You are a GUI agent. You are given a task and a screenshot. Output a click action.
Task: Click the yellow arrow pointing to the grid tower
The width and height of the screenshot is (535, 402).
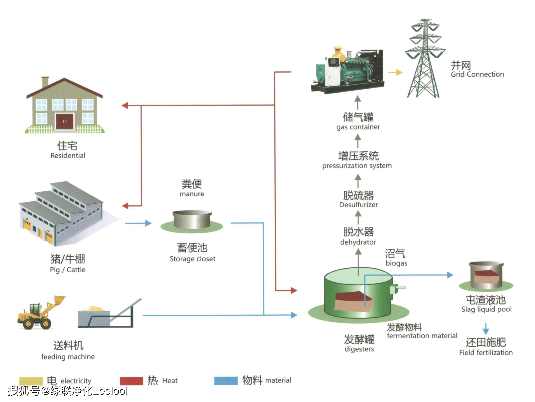tap(395, 72)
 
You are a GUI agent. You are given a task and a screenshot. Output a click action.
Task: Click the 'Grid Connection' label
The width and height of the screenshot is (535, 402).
tap(477, 74)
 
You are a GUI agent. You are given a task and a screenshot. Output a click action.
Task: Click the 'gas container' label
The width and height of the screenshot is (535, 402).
tap(358, 127)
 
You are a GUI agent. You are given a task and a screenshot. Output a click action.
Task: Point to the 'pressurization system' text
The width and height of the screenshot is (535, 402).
tap(357, 166)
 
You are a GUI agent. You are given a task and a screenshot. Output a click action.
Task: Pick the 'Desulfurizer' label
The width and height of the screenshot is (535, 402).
tap(358, 205)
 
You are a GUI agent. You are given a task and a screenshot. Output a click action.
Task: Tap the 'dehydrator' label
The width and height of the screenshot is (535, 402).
tap(358, 242)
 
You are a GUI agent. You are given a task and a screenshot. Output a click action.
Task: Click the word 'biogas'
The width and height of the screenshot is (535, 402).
tap(396, 263)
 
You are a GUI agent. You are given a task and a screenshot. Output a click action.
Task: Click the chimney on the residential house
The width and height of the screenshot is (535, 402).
tap(45, 82)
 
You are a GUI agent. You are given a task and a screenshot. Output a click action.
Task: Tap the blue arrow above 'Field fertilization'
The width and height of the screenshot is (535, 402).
tap(485, 329)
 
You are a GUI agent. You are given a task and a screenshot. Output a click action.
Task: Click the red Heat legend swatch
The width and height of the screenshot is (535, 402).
tap(131, 381)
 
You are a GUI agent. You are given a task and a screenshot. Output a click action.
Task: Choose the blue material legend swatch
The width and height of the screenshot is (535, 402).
tap(226, 381)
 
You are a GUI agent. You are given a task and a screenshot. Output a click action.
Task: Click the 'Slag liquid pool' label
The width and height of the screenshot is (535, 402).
tap(486, 309)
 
